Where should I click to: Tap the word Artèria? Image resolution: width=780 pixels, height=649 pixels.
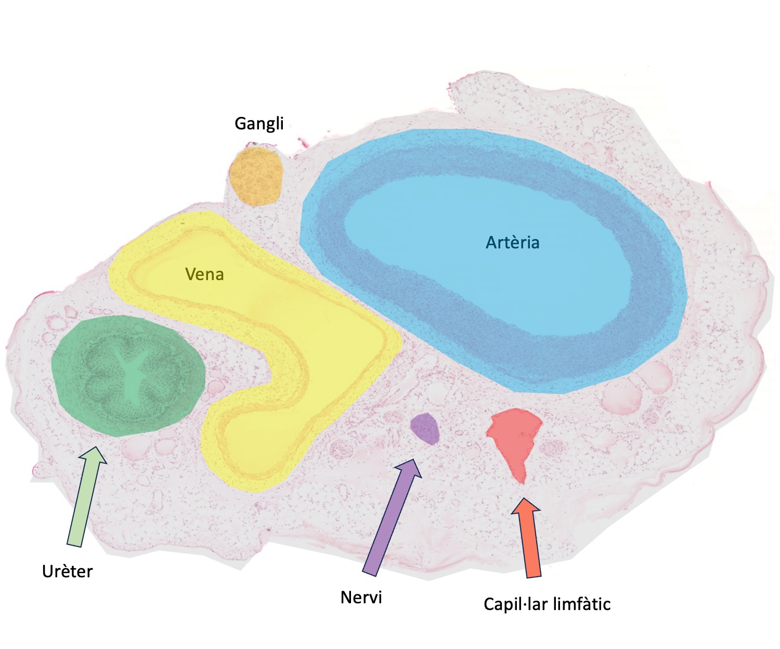tap(513, 243)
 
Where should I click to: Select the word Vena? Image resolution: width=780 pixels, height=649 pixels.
tap(204, 274)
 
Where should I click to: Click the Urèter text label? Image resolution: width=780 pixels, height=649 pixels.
tap(67, 572)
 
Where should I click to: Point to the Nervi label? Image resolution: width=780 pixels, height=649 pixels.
tap(361, 598)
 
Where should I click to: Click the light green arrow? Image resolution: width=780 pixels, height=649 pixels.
tap(87, 497)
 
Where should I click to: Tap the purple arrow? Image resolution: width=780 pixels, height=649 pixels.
tap(392, 518)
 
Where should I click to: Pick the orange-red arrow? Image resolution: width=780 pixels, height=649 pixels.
tap(527, 538)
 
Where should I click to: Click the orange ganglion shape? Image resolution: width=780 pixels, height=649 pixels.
tap(255, 176)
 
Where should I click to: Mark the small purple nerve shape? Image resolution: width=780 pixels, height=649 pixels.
tap(425, 429)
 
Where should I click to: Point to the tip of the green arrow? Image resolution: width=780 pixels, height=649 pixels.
tap(96, 447)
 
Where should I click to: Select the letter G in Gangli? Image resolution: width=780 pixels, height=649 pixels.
tap(240, 123)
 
